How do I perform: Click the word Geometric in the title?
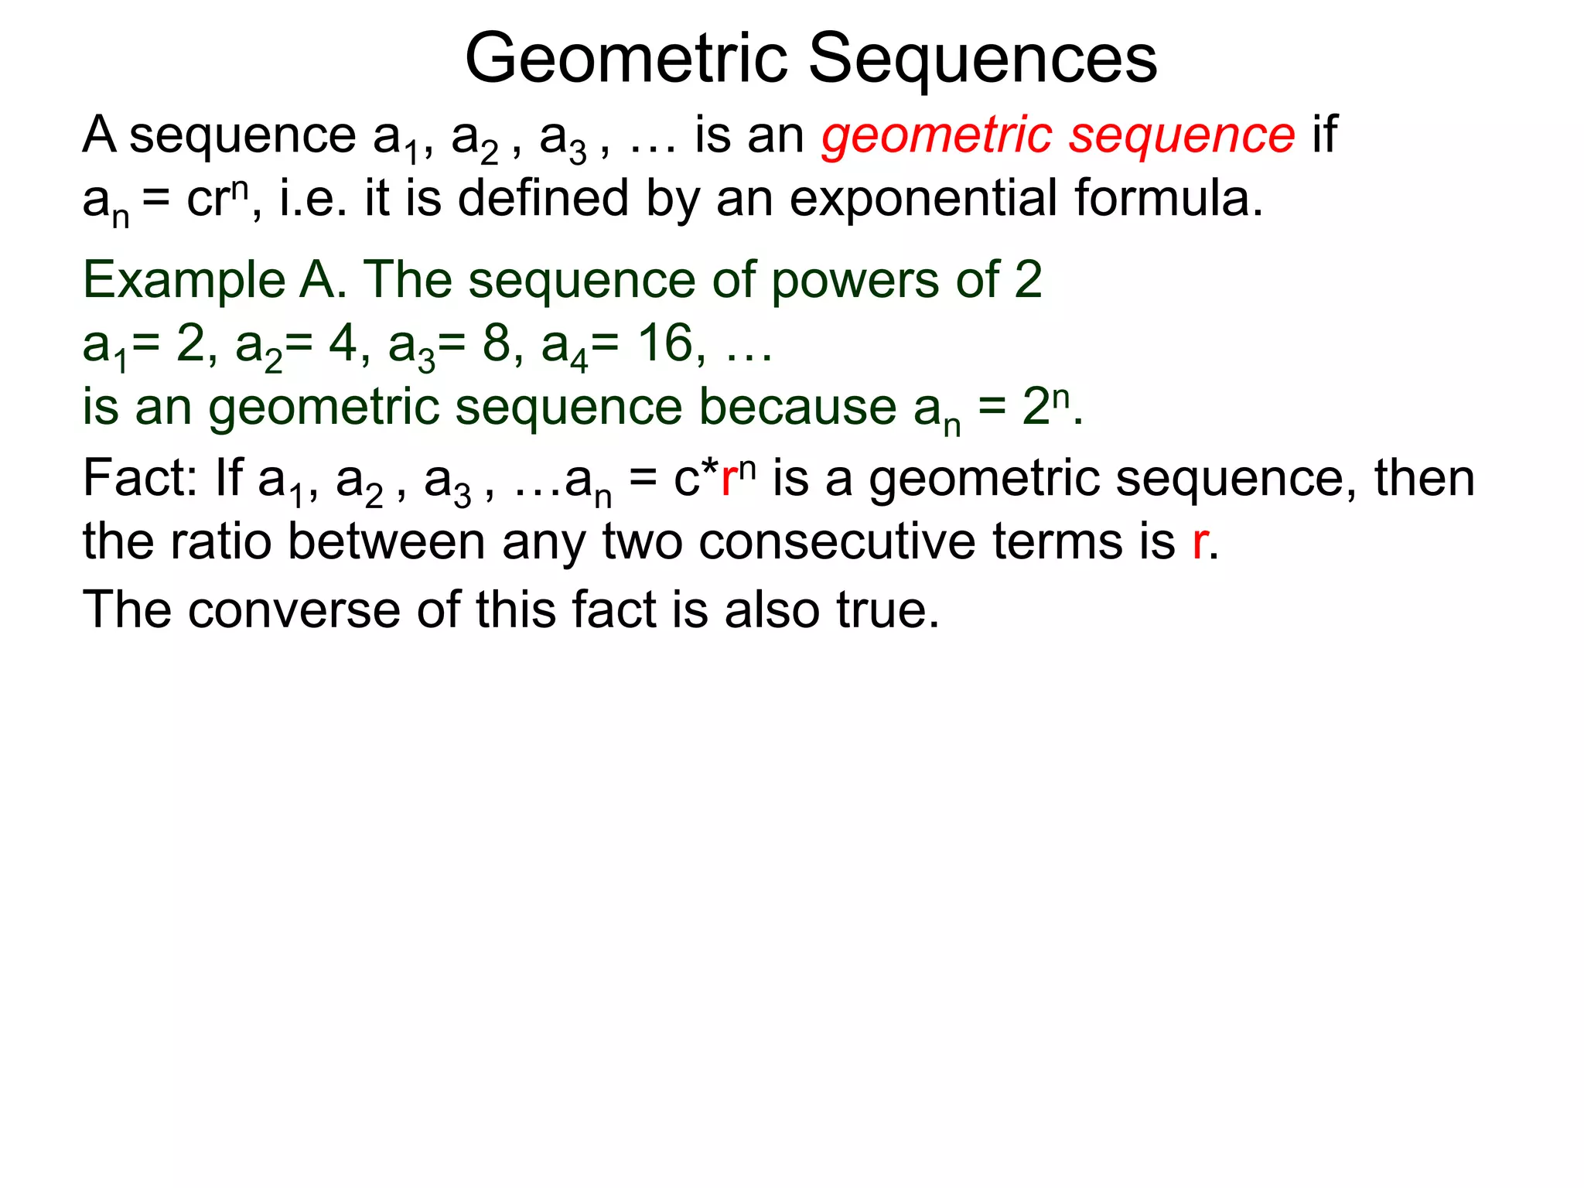point(626,60)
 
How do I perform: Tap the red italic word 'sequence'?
point(1182,136)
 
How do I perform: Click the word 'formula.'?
point(1169,199)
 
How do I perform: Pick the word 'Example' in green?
point(183,280)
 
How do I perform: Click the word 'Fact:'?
point(139,479)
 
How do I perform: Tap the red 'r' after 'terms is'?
point(1200,543)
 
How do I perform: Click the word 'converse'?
point(294,610)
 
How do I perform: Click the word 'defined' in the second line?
point(542,199)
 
